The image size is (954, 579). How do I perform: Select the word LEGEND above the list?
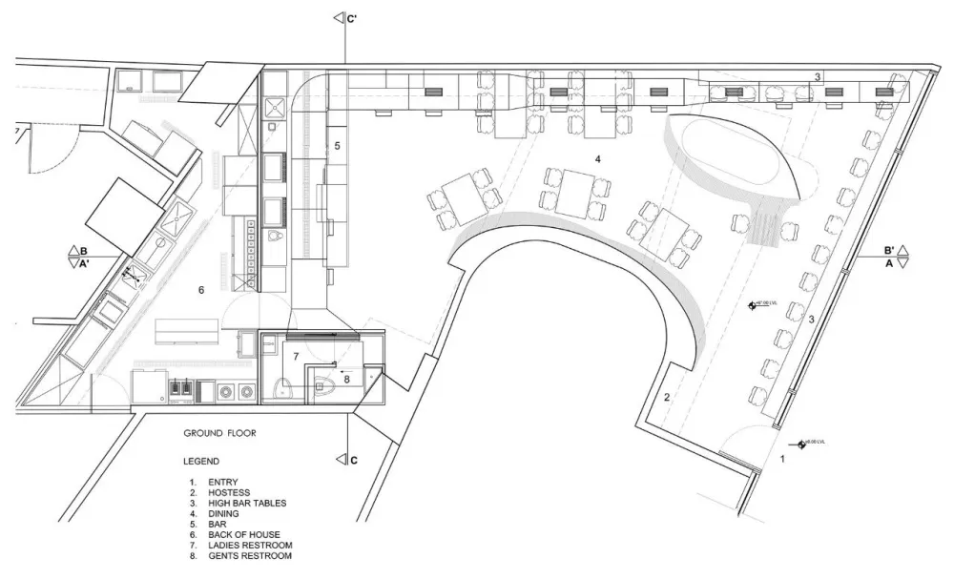click(x=201, y=460)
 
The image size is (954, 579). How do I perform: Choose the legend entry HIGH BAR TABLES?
click(x=246, y=503)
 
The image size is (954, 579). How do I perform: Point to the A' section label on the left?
click(x=84, y=265)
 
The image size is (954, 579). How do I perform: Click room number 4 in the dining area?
click(x=598, y=159)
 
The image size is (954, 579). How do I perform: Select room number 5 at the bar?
click(x=337, y=146)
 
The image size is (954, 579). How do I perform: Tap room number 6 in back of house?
click(x=200, y=289)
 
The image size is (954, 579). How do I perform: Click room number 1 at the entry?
click(x=782, y=459)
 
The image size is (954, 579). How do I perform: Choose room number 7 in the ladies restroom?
click(x=296, y=356)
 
